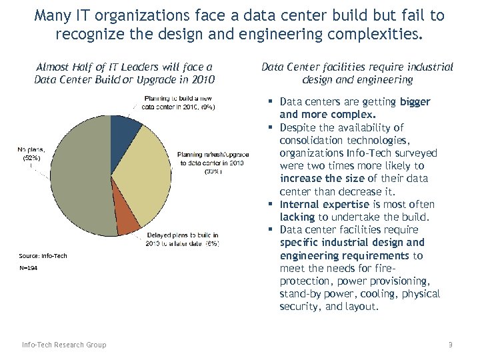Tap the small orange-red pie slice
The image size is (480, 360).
(x=127, y=223)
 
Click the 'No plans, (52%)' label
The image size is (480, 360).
(x=31, y=154)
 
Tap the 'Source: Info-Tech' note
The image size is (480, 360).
(x=43, y=256)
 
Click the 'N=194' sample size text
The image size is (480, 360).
(x=28, y=268)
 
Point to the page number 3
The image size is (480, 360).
(x=450, y=345)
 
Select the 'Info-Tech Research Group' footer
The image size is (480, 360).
(x=63, y=345)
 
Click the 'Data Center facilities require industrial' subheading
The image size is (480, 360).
(x=357, y=67)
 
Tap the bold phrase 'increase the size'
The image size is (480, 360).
(x=321, y=179)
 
